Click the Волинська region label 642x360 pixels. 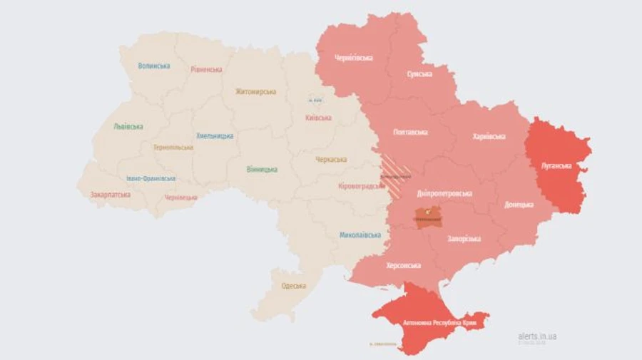(x=154, y=66)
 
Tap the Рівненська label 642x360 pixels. (x=206, y=69)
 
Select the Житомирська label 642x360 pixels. (x=255, y=91)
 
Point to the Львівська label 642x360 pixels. (x=128, y=126)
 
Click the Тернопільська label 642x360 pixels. (x=173, y=148)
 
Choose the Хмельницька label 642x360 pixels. (x=215, y=135)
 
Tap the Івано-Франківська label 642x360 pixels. (x=151, y=179)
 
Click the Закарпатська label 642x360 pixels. (x=110, y=194)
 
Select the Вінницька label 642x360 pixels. (x=262, y=169)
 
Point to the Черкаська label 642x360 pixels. (x=331, y=159)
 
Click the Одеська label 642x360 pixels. (x=294, y=286)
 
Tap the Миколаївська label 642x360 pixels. (x=360, y=235)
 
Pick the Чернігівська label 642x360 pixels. (x=354, y=58)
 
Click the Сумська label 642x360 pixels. (x=419, y=73)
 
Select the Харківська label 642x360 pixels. (x=489, y=136)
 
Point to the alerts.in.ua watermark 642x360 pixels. (x=537, y=336)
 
